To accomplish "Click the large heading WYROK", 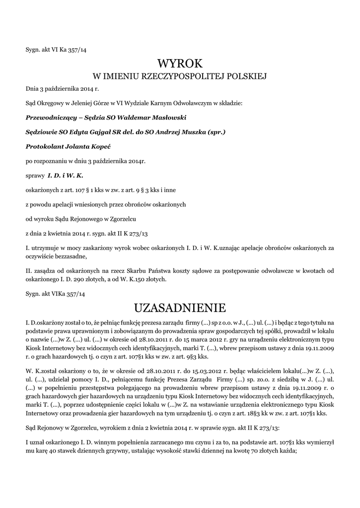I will pyautogui.click(x=180, y=63).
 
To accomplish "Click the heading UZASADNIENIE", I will pyautogui.click(x=180, y=308).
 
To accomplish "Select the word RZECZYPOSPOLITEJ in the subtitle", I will pyautogui.click(x=184, y=76).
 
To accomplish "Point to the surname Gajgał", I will pyautogui.click(x=98, y=132).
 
